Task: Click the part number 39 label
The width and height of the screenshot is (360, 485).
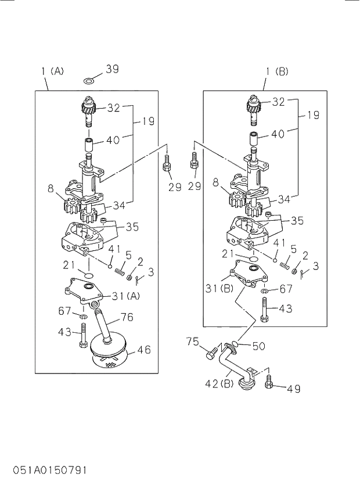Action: [112, 69]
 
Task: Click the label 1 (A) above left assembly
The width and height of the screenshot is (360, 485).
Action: [53, 71]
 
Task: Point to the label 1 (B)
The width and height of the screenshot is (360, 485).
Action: [277, 71]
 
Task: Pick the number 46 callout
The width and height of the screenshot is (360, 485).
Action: [143, 350]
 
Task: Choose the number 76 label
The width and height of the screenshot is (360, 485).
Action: [127, 317]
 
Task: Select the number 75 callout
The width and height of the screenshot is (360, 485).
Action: [193, 341]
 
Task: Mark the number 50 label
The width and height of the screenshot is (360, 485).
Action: [258, 347]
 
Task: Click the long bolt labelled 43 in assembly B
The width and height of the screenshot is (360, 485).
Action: [265, 310]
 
